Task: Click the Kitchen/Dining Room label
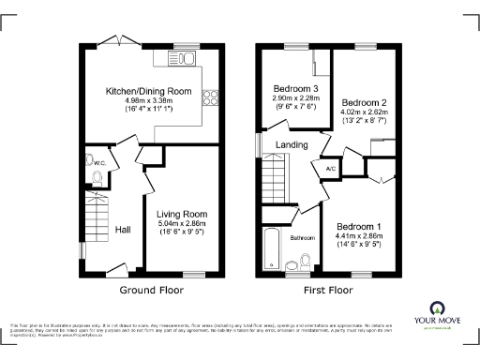tap(149, 91)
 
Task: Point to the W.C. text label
tap(99, 162)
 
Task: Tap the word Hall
tap(123, 228)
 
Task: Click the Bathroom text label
tap(302, 237)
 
